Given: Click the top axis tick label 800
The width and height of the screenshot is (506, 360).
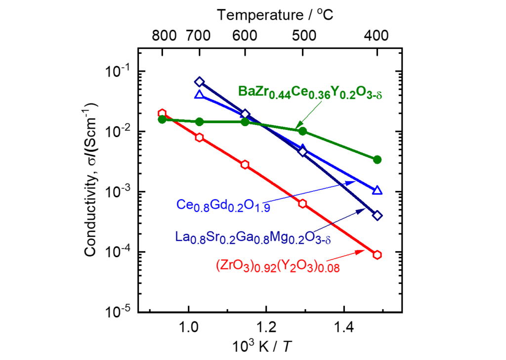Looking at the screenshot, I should coord(163,36).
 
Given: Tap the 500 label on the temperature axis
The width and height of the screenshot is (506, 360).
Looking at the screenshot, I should coord(303,36).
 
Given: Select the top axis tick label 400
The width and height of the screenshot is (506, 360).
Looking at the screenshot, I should coord(378,36).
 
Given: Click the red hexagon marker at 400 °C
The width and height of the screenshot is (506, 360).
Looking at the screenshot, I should coord(378,254).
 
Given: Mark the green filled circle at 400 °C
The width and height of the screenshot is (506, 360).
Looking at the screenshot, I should coord(378,159).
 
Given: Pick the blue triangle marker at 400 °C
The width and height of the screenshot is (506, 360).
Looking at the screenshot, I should coord(378,190).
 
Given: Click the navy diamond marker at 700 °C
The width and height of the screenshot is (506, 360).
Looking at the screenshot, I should coord(199,82).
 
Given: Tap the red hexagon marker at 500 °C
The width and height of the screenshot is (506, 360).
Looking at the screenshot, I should coord(303,203).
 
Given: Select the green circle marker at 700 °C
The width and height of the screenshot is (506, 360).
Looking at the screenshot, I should coord(199,122).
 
